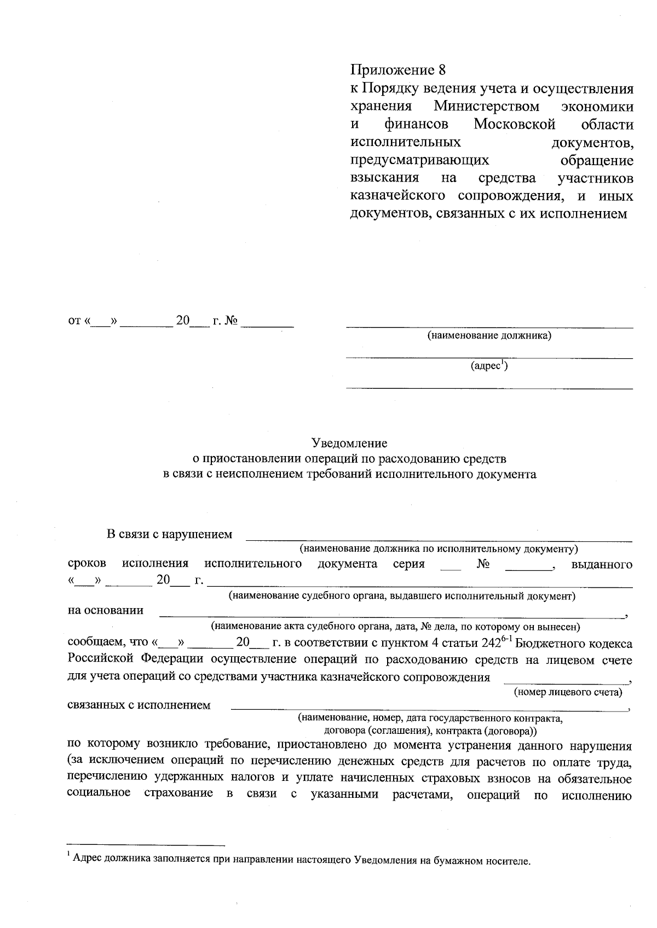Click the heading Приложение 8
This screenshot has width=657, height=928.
tap(398, 70)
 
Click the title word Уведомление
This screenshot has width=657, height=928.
tap(349, 443)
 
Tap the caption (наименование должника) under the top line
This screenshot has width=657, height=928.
tap(489, 336)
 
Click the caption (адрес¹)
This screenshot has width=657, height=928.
tap(489, 366)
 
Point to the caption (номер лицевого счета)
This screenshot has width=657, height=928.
tap(568, 692)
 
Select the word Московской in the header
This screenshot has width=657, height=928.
tap(514, 124)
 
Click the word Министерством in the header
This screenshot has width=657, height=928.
tap(486, 106)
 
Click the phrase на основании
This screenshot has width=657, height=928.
tap(106, 610)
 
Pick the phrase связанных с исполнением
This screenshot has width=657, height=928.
tap(139, 705)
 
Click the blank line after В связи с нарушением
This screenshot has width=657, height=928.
tap(438, 539)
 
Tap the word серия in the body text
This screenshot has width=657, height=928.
tap(408, 564)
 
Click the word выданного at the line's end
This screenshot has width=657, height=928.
tap(602, 564)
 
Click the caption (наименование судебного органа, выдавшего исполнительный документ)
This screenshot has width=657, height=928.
tap(401, 596)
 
